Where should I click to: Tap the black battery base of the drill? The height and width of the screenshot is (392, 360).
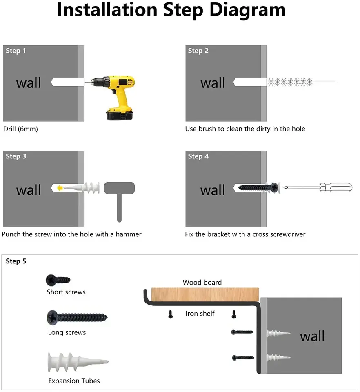point(120,116)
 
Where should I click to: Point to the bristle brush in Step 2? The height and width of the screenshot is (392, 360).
point(290,82)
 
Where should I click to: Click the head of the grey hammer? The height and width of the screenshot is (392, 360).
point(119,188)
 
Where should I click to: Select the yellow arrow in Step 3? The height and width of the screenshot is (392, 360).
point(60,188)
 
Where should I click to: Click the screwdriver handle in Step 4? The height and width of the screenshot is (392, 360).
point(336,187)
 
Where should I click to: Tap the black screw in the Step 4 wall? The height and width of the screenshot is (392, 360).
point(259,187)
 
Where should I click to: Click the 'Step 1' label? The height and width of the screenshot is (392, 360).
point(16,51)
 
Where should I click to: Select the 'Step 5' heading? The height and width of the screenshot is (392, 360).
point(16,261)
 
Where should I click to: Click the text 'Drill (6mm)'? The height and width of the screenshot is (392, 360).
point(21,129)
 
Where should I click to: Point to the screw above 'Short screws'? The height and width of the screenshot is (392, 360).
point(58,280)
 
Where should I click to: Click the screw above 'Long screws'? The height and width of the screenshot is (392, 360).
point(77,318)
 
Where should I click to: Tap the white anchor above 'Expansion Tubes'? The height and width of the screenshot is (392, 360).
point(78,362)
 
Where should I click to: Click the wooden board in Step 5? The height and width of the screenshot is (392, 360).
point(205,294)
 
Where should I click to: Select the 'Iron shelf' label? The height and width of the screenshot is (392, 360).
point(200,314)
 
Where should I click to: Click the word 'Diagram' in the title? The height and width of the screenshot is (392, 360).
point(247,10)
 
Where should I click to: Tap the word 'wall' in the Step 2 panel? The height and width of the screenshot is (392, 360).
point(213,83)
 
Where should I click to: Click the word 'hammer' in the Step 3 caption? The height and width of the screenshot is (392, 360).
point(129,234)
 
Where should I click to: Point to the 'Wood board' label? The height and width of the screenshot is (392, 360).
point(202,282)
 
